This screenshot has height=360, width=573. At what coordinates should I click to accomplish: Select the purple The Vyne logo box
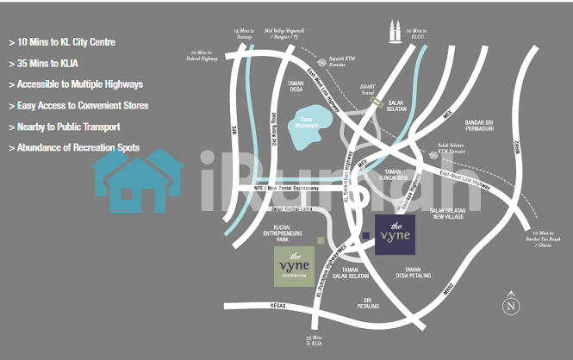(x=395, y=234)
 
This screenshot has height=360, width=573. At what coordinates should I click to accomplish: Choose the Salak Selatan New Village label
(x=448, y=215)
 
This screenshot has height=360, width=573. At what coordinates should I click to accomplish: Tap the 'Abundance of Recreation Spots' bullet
(x=73, y=148)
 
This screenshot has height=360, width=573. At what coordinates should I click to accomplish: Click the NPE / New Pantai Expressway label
(x=285, y=188)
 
